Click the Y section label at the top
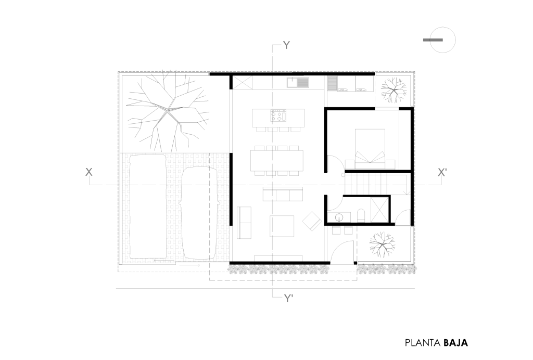(x=287, y=45)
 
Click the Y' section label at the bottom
(x=288, y=298)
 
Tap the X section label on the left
(x=88, y=172)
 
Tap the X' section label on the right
(x=442, y=173)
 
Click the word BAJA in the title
(x=455, y=343)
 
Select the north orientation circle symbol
(x=442, y=40)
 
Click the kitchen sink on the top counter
(x=297, y=83)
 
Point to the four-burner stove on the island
(x=278, y=115)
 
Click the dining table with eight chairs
(x=276, y=161)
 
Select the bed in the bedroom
(x=370, y=149)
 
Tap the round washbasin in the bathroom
(x=339, y=217)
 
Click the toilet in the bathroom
(x=361, y=216)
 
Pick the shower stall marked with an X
(x=379, y=209)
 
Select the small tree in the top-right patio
(x=394, y=90)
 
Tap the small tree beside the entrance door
(x=382, y=244)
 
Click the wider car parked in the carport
(x=148, y=206)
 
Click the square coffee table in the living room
(x=282, y=226)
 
